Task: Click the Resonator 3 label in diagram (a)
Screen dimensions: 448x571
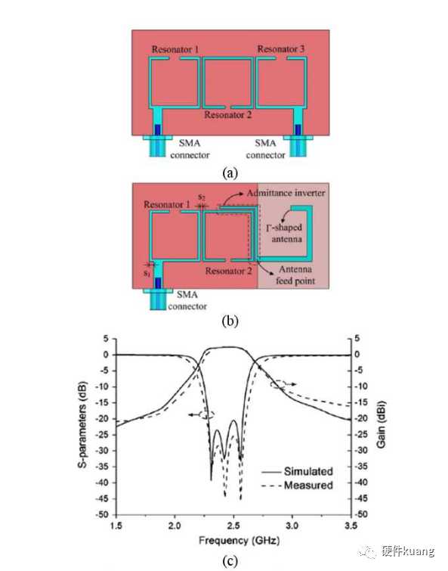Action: (x=281, y=49)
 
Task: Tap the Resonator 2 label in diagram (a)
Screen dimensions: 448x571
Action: (x=227, y=115)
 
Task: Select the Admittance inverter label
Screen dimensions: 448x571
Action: (x=286, y=193)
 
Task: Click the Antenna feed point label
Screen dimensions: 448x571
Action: (x=295, y=275)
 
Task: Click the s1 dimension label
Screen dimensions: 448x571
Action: (x=146, y=273)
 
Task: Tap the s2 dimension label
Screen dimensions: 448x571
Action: (x=202, y=197)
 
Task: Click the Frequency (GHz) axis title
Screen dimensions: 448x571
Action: (x=239, y=541)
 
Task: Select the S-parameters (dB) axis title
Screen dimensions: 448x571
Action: (x=82, y=424)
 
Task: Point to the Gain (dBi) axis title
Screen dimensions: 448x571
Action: (x=381, y=424)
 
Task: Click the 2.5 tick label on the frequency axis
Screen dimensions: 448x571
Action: (x=233, y=526)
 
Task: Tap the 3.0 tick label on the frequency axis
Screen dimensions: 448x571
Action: (x=292, y=526)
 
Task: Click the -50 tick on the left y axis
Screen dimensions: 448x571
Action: (x=102, y=514)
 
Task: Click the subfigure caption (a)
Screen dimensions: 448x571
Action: (x=230, y=172)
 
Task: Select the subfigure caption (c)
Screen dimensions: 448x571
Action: (x=230, y=560)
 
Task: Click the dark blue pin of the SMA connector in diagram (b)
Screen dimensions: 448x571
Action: (x=158, y=283)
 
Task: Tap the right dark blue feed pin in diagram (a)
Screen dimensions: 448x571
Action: (x=298, y=129)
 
